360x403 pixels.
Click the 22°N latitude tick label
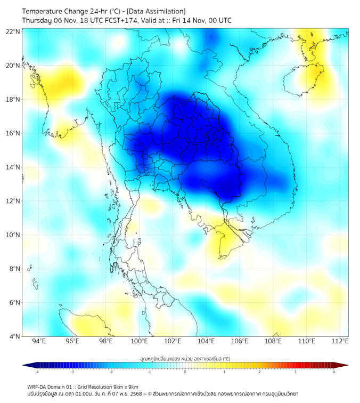click(13, 31)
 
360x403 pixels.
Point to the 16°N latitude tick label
click(13, 133)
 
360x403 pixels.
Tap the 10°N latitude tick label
click(13, 235)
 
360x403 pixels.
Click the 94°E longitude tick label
click(39, 341)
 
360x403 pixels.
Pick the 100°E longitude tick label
click(139, 341)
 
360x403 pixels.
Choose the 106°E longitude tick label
click(240, 341)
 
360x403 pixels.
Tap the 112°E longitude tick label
click(340, 341)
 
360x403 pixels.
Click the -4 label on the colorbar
click(37, 372)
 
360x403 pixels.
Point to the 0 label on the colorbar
click(185, 372)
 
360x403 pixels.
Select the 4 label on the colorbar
click(334, 372)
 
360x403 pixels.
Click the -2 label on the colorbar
click(111, 372)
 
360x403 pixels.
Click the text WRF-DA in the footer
click(37, 387)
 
